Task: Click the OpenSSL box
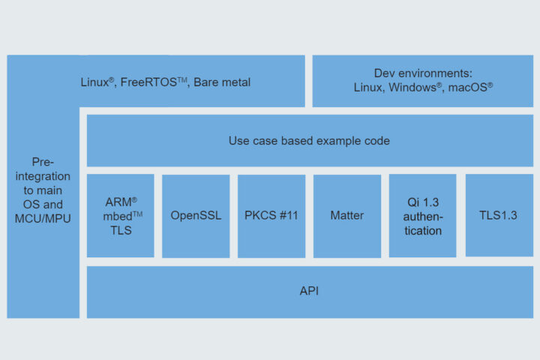pyautogui.click(x=196, y=216)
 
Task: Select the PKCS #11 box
pyautogui.click(x=271, y=216)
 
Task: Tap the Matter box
pyautogui.click(x=346, y=216)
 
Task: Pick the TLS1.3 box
pyautogui.click(x=499, y=216)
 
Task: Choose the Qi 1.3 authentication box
pyautogui.click(x=422, y=216)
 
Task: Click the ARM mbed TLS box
pyautogui.click(x=121, y=216)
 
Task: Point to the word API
pyautogui.click(x=309, y=291)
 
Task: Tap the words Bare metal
pyautogui.click(x=222, y=82)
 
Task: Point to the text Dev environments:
pyautogui.click(x=423, y=73)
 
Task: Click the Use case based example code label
pyautogui.click(x=309, y=141)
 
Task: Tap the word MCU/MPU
pyautogui.click(x=43, y=218)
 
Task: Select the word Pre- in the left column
pyautogui.click(x=43, y=162)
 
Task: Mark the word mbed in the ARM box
pyautogui.click(x=118, y=216)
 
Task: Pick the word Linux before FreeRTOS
pyautogui.click(x=95, y=82)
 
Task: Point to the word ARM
pyautogui.click(x=118, y=202)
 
